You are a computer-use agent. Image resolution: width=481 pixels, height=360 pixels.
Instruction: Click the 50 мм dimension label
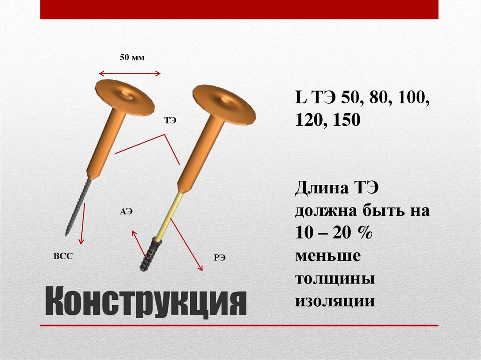pyautogui.click(x=132, y=58)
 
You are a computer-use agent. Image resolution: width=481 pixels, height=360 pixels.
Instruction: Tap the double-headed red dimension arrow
pyautogui.click(x=130, y=73)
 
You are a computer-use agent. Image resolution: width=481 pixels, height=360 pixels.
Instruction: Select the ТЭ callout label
pyautogui.click(x=170, y=121)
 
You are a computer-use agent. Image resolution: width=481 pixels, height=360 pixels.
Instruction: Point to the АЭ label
pyautogui.click(x=126, y=212)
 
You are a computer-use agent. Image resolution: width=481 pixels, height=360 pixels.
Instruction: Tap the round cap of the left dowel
pyautogui.click(x=125, y=96)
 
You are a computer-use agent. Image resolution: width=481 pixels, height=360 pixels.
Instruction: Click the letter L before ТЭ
pyautogui.click(x=300, y=99)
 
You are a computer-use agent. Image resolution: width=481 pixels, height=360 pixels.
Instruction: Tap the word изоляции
pyautogui.click(x=334, y=300)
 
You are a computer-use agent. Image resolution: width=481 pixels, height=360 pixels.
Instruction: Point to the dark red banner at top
pyautogui.click(x=239, y=9)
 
